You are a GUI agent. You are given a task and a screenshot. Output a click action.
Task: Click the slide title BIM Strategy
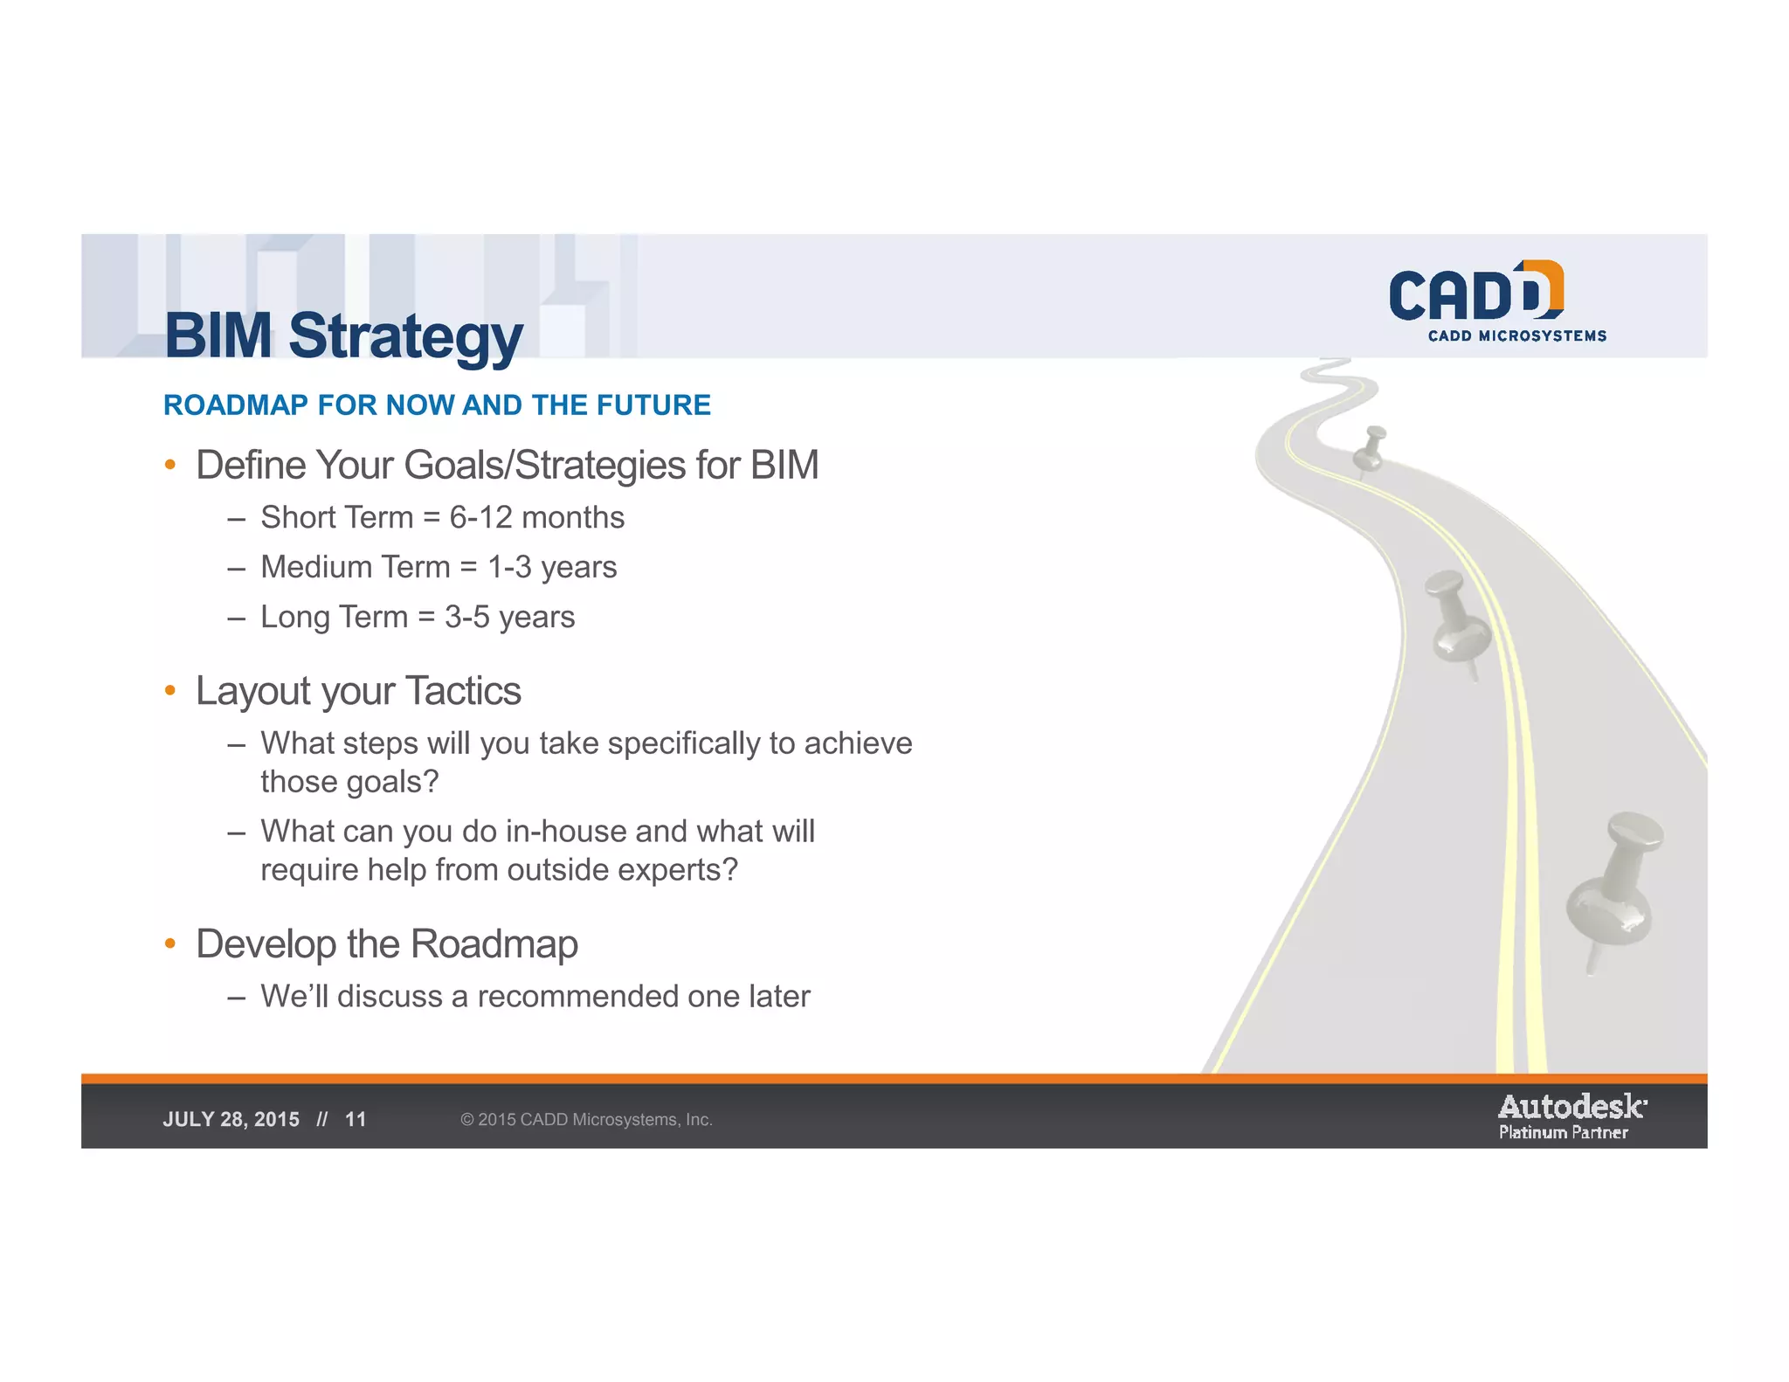343,336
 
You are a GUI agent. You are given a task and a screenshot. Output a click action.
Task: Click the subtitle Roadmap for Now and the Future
437,405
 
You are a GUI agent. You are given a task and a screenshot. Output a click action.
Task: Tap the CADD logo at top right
1475,292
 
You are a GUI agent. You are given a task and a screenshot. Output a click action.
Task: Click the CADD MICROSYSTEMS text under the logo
1516,336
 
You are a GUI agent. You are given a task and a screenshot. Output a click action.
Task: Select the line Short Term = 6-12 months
442,518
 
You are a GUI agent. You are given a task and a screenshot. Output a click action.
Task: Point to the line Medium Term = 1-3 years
439,568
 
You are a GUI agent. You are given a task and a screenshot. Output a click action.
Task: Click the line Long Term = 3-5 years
418,618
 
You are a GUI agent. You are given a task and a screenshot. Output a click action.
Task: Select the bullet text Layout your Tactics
358,691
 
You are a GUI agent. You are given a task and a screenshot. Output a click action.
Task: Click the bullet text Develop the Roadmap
386,944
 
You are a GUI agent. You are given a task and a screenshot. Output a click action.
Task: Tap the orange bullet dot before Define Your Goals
170,465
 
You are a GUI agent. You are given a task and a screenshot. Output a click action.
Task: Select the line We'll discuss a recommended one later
535,997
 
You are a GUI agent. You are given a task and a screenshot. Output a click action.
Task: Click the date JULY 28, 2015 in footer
231,1120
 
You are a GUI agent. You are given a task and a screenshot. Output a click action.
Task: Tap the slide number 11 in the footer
356,1120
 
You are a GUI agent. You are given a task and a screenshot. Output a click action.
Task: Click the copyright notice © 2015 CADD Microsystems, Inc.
586,1120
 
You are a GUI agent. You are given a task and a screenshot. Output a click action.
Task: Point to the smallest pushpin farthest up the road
1370,448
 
